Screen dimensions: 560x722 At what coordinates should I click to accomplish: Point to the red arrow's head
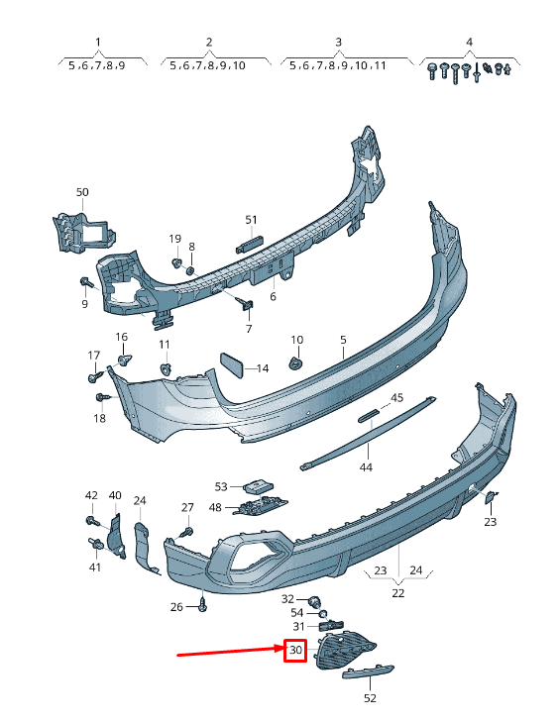[281, 649]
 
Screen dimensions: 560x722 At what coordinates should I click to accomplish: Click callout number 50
[82, 192]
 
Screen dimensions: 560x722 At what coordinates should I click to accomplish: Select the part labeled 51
[249, 244]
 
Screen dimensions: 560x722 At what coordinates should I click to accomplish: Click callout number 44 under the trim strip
[366, 467]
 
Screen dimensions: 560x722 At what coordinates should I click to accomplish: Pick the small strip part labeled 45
[369, 417]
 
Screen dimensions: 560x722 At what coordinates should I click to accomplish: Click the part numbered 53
[258, 485]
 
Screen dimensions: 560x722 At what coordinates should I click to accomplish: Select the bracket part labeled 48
[260, 505]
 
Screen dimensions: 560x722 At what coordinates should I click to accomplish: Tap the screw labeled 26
[202, 605]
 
